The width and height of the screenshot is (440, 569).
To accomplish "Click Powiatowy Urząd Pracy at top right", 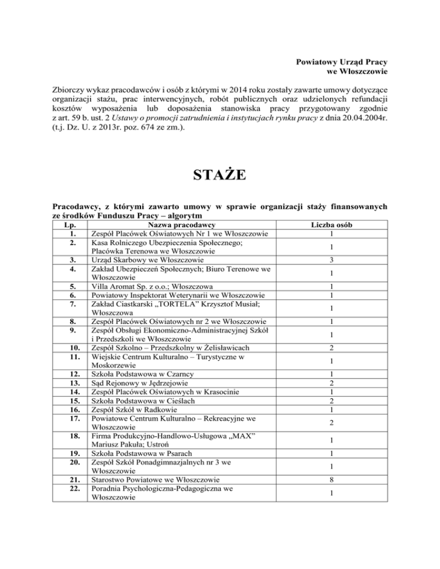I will click(342, 61).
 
